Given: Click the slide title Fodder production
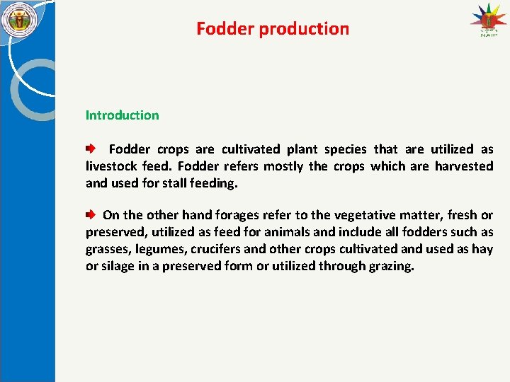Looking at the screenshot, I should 273,29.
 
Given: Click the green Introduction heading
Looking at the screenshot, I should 122,115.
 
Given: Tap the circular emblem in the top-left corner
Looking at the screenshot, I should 20,21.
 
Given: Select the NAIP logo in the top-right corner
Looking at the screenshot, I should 489,23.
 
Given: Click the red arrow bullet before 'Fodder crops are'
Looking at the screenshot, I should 91,149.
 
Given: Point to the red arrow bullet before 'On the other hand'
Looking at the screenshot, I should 91,215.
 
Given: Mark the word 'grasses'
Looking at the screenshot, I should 108,249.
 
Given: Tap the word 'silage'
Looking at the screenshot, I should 120,266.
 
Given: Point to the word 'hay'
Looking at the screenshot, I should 483,249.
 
